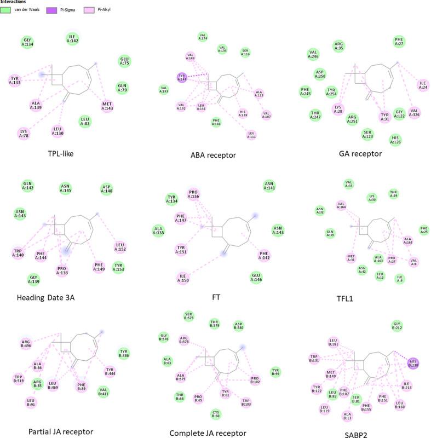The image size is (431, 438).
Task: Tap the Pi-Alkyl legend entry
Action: pyautogui.click(x=90, y=9)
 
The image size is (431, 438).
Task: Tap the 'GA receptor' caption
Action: pyautogui.click(x=361, y=154)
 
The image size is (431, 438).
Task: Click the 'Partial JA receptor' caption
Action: pyautogui.click(x=61, y=431)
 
